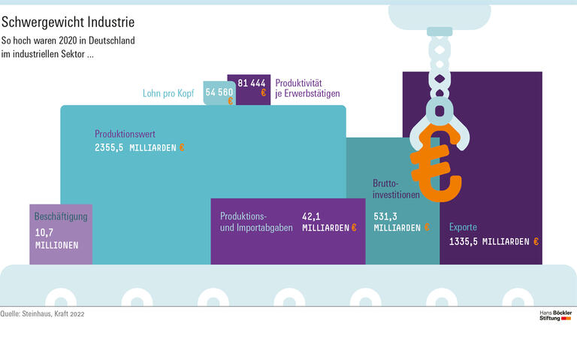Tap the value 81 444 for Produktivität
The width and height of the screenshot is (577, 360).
tap(251, 83)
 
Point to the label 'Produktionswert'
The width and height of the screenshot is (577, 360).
tap(125, 134)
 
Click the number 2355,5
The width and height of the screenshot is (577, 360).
tap(109, 147)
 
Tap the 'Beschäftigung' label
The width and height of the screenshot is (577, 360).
tap(61, 217)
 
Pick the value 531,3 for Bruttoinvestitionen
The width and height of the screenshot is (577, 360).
tap(385, 215)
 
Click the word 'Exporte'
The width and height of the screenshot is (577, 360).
tap(463, 228)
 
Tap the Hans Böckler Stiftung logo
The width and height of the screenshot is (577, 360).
tap(555, 315)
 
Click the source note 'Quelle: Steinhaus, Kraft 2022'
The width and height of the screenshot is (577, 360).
tap(42, 314)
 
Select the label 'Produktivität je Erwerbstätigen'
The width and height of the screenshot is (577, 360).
tap(307, 88)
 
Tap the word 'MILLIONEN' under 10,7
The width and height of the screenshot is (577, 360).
tap(56, 245)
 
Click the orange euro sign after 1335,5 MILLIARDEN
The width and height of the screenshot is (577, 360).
tap(536, 241)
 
